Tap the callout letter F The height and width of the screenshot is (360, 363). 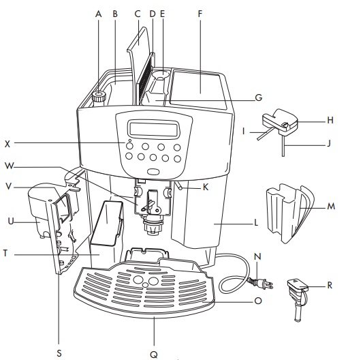(200, 12)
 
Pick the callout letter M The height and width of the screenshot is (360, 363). (330, 205)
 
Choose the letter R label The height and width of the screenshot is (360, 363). (330, 285)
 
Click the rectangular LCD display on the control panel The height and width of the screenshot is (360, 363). (147, 128)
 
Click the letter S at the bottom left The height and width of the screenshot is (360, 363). (59, 352)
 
